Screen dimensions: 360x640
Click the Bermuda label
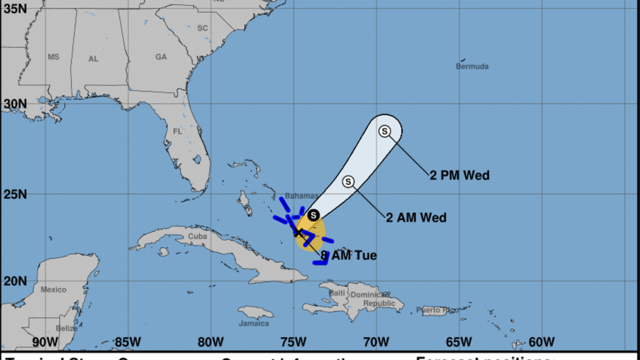click(x=472, y=66)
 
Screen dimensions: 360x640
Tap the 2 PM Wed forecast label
click(x=459, y=176)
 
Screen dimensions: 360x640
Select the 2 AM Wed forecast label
click(x=416, y=217)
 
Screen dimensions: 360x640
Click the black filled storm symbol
click(x=314, y=215)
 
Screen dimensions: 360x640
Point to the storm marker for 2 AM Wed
click(x=348, y=181)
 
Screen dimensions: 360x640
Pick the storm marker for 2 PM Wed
click(x=385, y=131)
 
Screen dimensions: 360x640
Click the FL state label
click(x=177, y=131)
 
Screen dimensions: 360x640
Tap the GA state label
click(x=161, y=57)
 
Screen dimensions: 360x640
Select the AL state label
click(x=93, y=58)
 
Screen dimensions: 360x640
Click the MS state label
click(x=53, y=57)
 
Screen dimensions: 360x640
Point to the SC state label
click(x=202, y=28)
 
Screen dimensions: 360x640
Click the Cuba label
click(x=197, y=236)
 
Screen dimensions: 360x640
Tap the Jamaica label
click(x=254, y=323)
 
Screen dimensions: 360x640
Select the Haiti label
click(x=337, y=293)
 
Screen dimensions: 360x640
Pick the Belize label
click(x=67, y=328)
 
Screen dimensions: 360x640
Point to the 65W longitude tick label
click(x=459, y=341)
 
